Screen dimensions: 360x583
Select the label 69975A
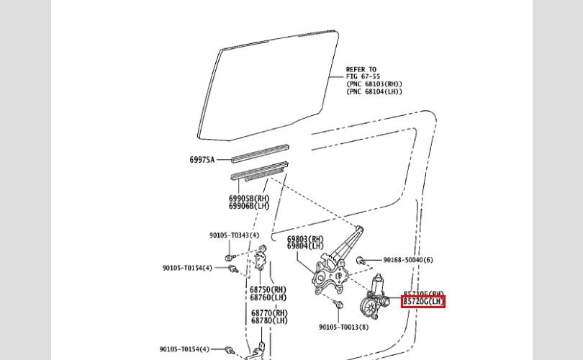[202, 160]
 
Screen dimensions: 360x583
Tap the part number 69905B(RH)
[249, 199]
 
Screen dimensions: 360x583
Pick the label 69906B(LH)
[249, 206]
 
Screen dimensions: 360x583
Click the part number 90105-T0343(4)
[234, 235]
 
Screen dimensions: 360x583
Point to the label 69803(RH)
[305, 239]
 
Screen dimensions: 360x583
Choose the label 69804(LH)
[305, 246]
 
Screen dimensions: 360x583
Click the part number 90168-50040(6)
[407, 260]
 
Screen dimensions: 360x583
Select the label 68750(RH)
[268, 290]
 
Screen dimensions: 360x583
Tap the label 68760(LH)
[268, 297]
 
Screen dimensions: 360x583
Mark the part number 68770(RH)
[269, 313]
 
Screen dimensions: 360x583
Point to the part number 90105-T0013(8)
[343, 327]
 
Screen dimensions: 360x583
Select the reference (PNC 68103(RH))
[374, 84]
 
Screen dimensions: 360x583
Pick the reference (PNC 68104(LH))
[374, 91]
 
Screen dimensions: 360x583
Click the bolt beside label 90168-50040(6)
[364, 260]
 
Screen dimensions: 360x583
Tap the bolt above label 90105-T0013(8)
[338, 306]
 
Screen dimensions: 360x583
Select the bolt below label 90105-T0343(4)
[228, 256]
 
